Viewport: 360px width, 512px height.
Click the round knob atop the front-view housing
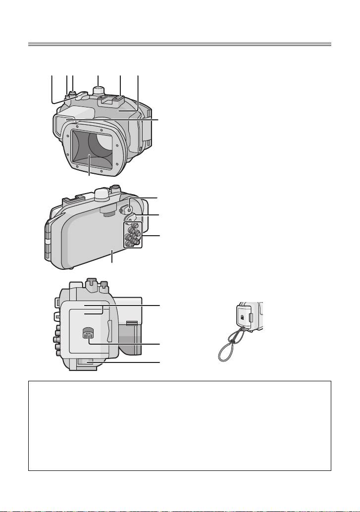[x=99, y=91]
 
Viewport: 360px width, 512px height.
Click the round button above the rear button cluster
[x=131, y=202]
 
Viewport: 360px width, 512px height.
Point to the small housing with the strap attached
[x=246, y=317]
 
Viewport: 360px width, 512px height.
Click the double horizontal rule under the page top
[x=179, y=45]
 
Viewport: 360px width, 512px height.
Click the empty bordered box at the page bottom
[x=179, y=426]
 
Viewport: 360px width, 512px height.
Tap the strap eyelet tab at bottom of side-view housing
[x=84, y=363]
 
